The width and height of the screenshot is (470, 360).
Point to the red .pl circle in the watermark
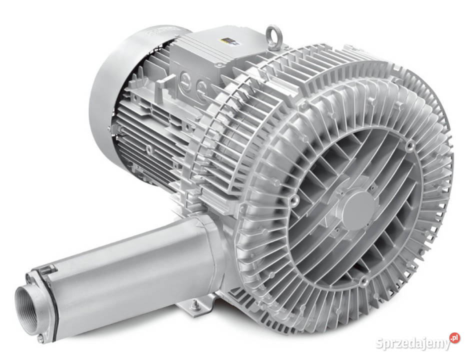[x=454, y=338]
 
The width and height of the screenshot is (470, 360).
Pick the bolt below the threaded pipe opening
[x=41, y=338]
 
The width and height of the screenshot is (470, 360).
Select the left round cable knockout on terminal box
[x=184, y=79]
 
